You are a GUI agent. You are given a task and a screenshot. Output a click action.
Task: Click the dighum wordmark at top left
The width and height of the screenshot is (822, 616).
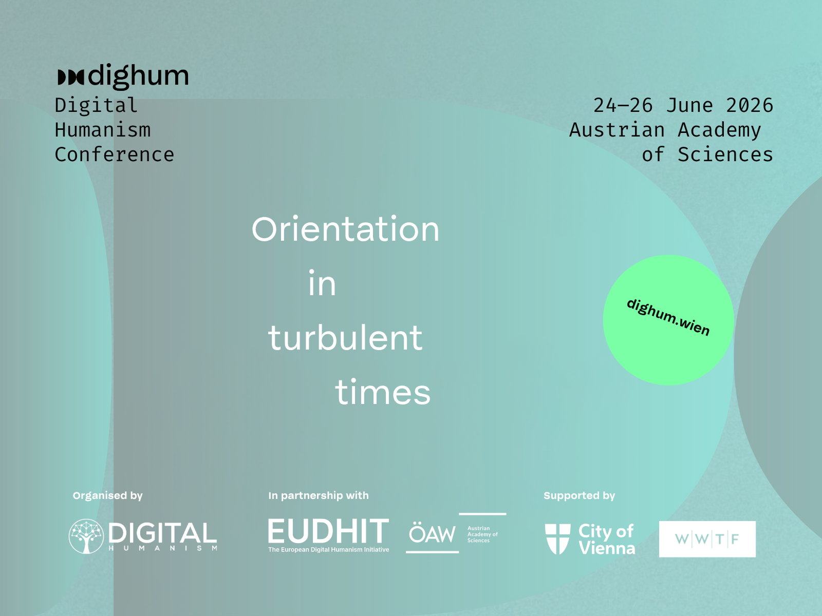tap(123, 76)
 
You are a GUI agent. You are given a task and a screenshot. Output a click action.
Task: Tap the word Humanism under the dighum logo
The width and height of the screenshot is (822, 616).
tap(103, 130)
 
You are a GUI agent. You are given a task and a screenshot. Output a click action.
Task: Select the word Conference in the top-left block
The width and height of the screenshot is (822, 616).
tap(115, 155)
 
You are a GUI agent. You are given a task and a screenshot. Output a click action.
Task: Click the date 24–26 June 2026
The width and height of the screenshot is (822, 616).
tap(683, 105)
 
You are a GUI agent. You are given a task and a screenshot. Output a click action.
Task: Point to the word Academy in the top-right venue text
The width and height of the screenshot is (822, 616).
tap(719, 131)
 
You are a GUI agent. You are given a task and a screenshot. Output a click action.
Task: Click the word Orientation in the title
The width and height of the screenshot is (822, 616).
tap(345, 229)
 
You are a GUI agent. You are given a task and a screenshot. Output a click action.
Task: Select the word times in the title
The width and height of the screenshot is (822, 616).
tap(383, 392)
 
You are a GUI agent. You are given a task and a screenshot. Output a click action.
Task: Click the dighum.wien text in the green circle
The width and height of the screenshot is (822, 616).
tap(668, 318)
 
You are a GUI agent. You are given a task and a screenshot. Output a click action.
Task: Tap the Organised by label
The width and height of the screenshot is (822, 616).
tap(108, 495)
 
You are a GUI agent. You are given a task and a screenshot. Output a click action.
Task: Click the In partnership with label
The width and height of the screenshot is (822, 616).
tap(319, 495)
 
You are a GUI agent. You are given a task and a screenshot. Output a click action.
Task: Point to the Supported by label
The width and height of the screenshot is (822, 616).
tap(580, 495)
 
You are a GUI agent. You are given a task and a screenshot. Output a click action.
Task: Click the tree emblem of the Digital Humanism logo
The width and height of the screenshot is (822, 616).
tap(86, 536)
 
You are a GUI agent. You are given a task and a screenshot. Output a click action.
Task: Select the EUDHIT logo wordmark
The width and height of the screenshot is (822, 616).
tap(328, 531)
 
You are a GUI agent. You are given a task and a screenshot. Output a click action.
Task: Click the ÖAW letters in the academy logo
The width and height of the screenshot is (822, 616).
tap(432, 533)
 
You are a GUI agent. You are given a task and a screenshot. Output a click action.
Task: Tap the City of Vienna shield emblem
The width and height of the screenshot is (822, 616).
tap(557, 539)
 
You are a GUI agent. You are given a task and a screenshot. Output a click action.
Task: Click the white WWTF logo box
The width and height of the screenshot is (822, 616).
tap(707, 539)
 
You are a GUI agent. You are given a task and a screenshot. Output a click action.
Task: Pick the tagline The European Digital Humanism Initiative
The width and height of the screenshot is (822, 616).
tap(328, 550)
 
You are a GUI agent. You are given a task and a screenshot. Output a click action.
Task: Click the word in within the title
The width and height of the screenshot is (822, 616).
tap(322, 283)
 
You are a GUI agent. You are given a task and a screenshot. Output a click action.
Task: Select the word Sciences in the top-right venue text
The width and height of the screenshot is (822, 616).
tap(725, 155)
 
